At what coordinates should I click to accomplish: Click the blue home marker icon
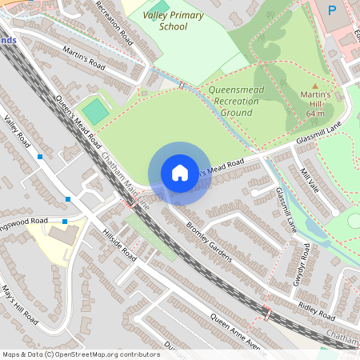pyautogui.click(x=180, y=173)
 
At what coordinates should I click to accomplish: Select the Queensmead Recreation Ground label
pyautogui.click(x=242, y=102)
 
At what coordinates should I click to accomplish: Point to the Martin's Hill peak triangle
pyautogui.click(x=314, y=86)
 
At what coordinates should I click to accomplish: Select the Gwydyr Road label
pyautogui.click(x=301, y=265)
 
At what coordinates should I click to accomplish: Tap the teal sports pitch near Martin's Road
pyautogui.click(x=95, y=110)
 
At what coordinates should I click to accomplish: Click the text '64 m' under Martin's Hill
pyautogui.click(x=315, y=114)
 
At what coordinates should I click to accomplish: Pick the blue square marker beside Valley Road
pyautogui.click(x=40, y=158)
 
